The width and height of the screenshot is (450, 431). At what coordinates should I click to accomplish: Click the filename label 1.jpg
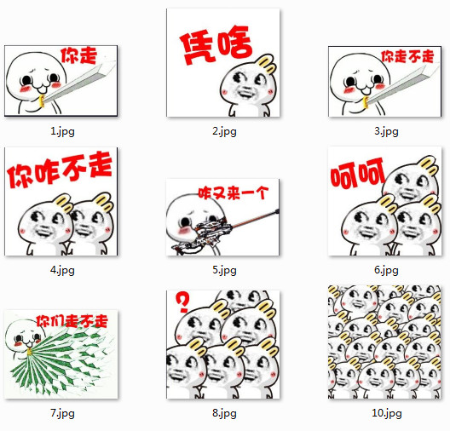pyautogui.click(x=62, y=132)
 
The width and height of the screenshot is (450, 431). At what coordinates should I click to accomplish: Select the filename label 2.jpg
pyautogui.click(x=224, y=132)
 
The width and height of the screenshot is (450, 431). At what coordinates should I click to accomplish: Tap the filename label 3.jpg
pyautogui.click(x=386, y=132)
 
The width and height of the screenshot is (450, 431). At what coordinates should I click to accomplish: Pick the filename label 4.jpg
pyautogui.click(x=62, y=270)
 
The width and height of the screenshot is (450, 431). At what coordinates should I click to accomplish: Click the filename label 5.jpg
pyautogui.click(x=224, y=270)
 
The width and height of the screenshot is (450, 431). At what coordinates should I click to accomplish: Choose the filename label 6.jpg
pyautogui.click(x=386, y=270)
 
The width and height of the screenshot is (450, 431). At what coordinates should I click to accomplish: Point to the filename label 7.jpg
pyautogui.click(x=62, y=413)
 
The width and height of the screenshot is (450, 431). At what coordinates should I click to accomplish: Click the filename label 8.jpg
pyautogui.click(x=224, y=413)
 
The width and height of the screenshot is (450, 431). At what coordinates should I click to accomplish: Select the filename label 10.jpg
pyautogui.click(x=387, y=413)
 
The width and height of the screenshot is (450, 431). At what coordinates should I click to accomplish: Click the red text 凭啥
pyautogui.click(x=216, y=45)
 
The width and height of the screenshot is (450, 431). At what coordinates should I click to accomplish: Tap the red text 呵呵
pyautogui.click(x=357, y=174)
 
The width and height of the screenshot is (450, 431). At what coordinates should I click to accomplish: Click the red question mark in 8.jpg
pyautogui.click(x=182, y=302)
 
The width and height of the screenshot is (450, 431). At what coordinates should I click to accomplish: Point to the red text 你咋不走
pyautogui.click(x=60, y=170)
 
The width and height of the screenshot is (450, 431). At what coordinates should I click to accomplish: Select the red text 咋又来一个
pyautogui.click(x=234, y=193)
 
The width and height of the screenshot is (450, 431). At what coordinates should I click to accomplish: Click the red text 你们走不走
pyautogui.click(x=72, y=321)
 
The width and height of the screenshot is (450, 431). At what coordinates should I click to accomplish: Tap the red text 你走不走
pyautogui.click(x=407, y=56)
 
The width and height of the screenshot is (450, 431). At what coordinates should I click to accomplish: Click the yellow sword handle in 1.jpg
pyautogui.click(x=41, y=101)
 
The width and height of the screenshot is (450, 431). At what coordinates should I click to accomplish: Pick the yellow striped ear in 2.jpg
pyautogui.click(x=267, y=64)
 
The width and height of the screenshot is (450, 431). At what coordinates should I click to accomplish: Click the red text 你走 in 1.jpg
pyautogui.click(x=78, y=55)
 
